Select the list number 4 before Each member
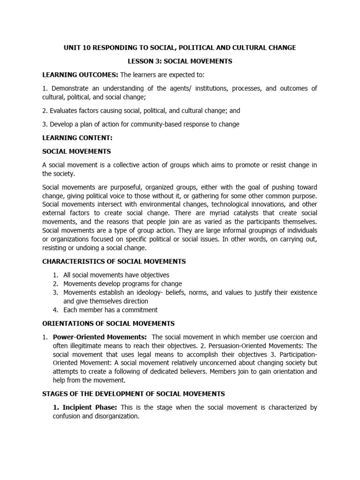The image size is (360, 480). (x=55, y=310)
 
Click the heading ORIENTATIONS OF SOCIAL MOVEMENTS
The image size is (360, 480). (x=108, y=323)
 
